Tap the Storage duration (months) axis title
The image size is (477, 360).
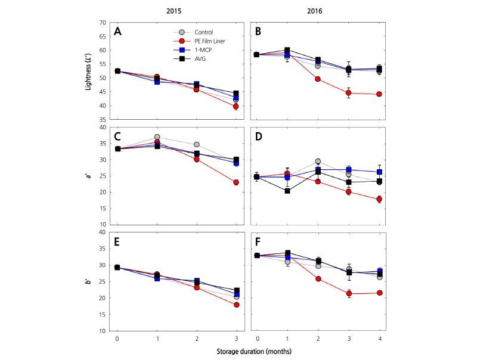[249, 352]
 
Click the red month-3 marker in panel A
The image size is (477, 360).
[236, 106]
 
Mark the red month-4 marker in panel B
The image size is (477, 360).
[379, 94]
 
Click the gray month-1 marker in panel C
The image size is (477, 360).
[157, 137]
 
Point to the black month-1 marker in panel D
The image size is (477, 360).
[287, 191]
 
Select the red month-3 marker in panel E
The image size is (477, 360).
[236, 305]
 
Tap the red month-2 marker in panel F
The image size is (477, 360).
[318, 279]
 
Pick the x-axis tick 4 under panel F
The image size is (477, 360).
[379, 339]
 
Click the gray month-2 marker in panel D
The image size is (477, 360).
[318, 162]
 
